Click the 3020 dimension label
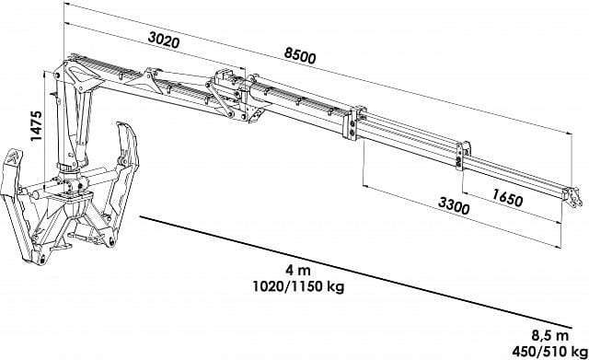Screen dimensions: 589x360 pos(164,40)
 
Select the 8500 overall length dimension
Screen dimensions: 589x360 pos(300,56)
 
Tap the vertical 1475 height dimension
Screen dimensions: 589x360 pos(37,126)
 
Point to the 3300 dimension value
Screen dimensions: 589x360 pos(454,205)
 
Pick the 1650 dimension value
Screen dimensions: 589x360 pos(507,198)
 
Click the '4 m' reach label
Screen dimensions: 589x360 pos(298,270)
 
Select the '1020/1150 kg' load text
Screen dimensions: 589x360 pos(298,286)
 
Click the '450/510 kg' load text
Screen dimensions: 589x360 pos(550,352)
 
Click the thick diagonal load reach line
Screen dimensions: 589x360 pos(355,272)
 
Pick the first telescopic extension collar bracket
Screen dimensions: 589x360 pos(352,123)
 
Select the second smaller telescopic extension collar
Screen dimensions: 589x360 pos(462,156)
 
